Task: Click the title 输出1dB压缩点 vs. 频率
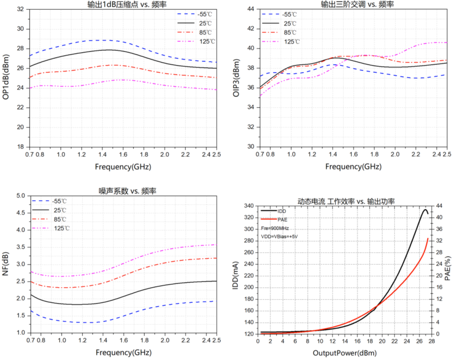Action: (x=123, y=4)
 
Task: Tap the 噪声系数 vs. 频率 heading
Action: (x=122, y=191)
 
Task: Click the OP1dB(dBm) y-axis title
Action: (x=6, y=78)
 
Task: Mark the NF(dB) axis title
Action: (x=6, y=264)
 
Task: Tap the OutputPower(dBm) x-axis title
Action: (x=345, y=352)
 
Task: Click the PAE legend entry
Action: (x=283, y=220)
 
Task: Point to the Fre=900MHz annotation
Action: (x=275, y=228)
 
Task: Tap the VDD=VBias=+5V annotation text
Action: (x=280, y=236)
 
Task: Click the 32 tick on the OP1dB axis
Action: (x=20, y=9)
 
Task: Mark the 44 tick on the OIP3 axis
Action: (x=251, y=9)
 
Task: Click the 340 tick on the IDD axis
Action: (x=249, y=206)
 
